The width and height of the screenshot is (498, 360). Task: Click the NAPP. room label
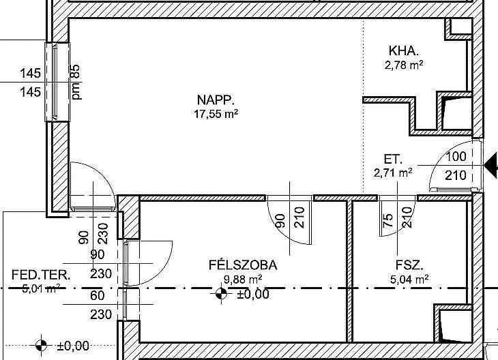point(216,100)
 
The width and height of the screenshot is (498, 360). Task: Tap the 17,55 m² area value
point(216,114)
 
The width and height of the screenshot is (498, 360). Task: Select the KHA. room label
point(403,50)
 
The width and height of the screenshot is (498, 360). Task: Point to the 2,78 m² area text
point(404,65)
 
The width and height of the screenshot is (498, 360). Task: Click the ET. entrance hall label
point(393,159)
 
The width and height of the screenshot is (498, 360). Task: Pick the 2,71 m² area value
point(393,173)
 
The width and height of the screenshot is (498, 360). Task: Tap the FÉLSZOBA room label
point(243,265)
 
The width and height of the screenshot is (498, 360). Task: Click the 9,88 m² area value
point(243,280)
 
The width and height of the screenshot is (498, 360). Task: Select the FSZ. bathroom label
point(409,265)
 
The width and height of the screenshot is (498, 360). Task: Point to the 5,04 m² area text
point(409,280)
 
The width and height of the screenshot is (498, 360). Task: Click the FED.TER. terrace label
point(41,275)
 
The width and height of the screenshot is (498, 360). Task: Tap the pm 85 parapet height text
point(76,82)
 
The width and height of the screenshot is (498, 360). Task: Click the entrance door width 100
point(456,157)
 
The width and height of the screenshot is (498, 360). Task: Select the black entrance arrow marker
point(492,165)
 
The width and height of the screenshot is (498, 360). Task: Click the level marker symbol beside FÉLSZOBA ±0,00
point(221,294)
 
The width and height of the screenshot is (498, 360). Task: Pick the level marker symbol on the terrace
point(41,345)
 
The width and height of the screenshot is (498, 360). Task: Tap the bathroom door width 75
point(388,220)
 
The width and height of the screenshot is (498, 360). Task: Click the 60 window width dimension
point(97,295)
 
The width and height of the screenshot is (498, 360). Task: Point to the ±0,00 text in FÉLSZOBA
point(253,294)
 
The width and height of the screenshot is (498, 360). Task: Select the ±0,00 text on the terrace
point(73,346)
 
